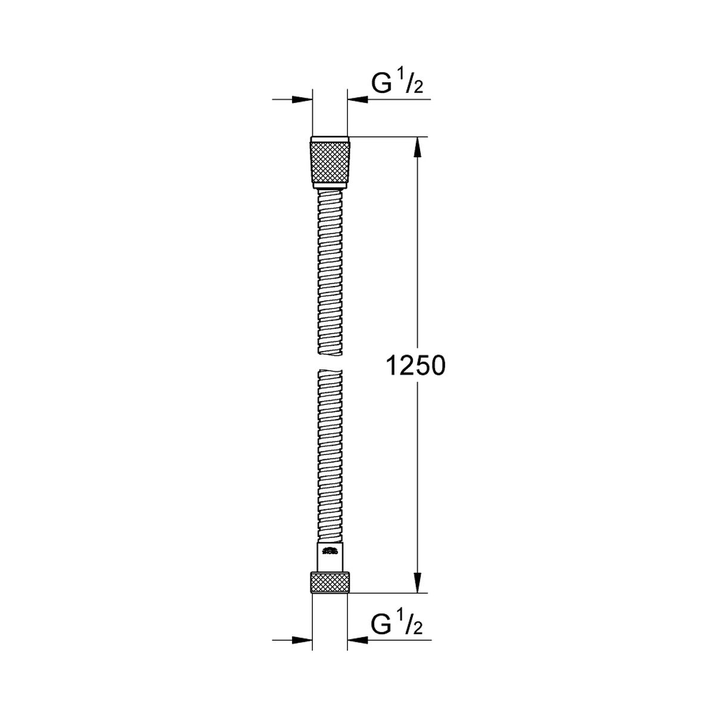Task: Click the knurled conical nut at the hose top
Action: click(329, 163)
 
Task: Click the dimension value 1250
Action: click(416, 366)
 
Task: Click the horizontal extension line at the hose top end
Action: click(387, 138)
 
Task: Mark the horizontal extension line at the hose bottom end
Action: click(387, 593)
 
